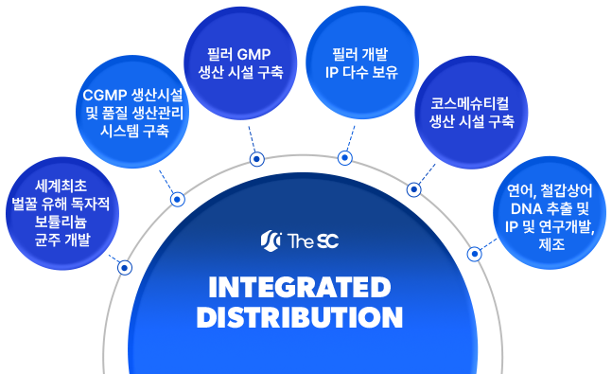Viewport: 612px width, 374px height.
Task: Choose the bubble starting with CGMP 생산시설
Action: point(133,113)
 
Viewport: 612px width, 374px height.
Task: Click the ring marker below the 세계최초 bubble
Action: point(124,268)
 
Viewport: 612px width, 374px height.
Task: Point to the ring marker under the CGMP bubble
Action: point(177,199)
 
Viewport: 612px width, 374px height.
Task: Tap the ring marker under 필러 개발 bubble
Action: point(345,157)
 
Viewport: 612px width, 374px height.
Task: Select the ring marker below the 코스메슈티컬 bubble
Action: point(413,189)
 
